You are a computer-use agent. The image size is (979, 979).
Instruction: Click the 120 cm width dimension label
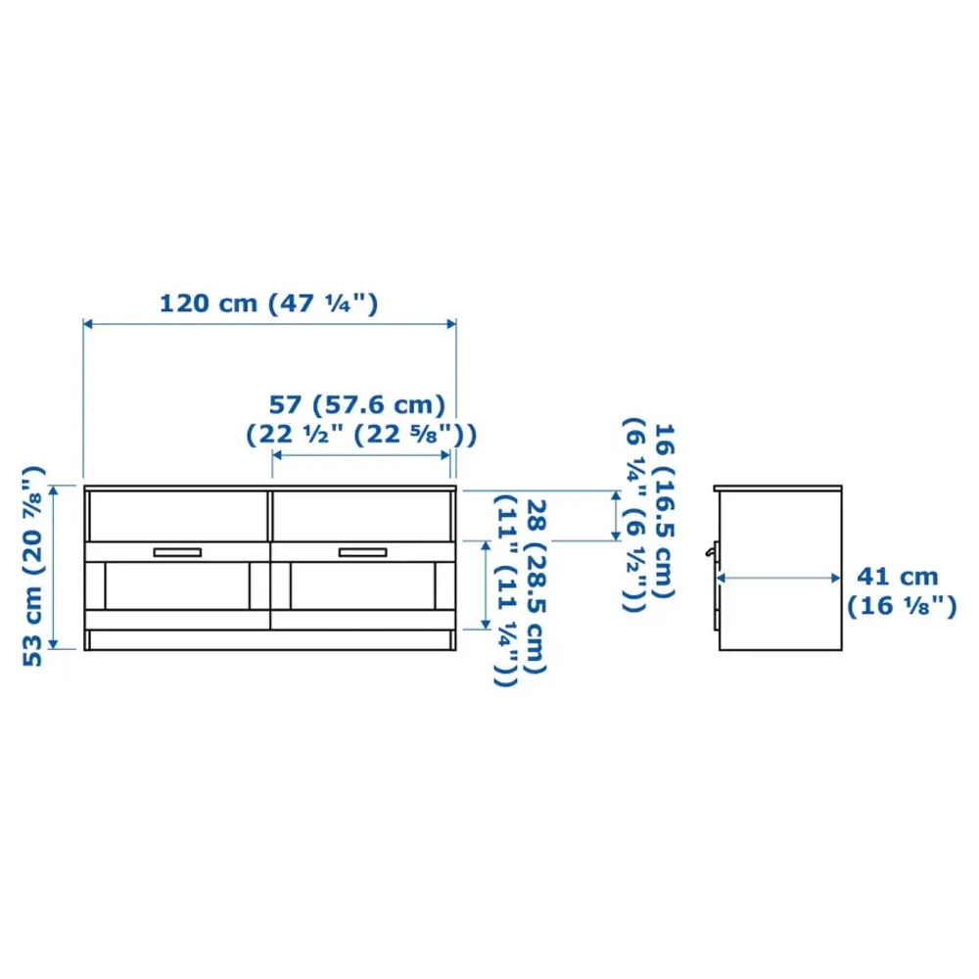(x=268, y=303)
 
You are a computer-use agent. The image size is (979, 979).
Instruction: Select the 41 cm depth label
(x=898, y=577)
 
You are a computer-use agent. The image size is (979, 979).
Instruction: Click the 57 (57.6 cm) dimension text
(x=357, y=403)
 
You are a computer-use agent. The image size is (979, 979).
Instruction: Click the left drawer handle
(x=177, y=552)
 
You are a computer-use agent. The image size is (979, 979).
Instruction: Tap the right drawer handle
(x=363, y=552)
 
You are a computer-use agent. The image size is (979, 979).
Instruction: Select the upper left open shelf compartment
(x=176, y=515)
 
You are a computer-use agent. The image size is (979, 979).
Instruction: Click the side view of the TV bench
(x=779, y=568)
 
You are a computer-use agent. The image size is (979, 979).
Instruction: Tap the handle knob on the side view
(x=710, y=553)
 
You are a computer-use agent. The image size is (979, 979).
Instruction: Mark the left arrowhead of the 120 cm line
(x=88, y=323)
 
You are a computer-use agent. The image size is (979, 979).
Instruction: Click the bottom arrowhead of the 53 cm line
(x=57, y=643)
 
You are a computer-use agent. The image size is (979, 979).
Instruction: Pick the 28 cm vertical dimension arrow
(x=485, y=584)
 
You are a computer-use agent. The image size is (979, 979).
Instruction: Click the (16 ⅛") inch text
(x=902, y=606)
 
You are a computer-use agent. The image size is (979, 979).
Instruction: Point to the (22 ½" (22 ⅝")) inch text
(x=359, y=432)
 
